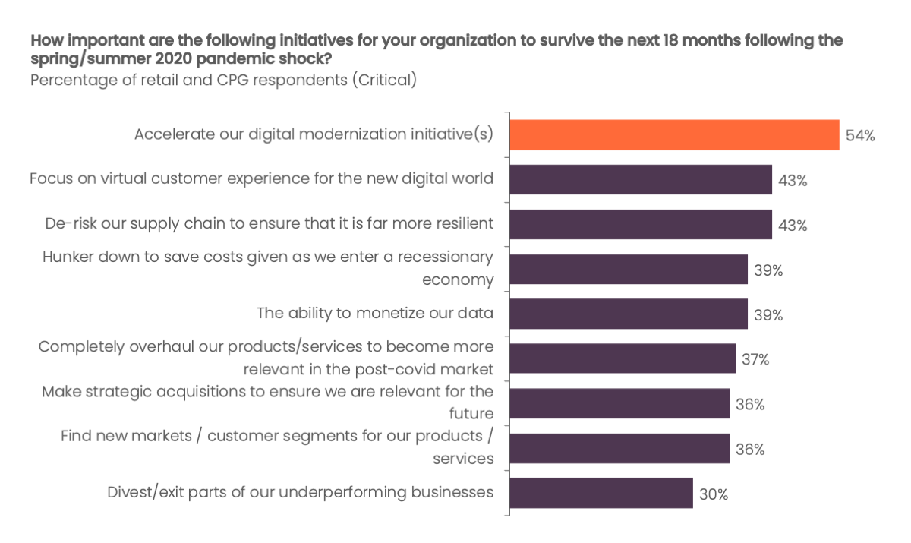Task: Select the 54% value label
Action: tap(860, 136)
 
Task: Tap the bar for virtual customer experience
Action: tap(641, 180)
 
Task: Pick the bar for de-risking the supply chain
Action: tap(641, 225)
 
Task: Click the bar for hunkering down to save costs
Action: tap(629, 270)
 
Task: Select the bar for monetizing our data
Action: tap(629, 314)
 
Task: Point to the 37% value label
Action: tap(755, 359)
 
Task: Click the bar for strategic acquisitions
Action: tap(619, 403)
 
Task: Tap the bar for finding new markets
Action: tap(619, 448)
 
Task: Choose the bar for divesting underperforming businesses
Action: tap(601, 493)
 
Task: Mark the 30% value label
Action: tap(714, 494)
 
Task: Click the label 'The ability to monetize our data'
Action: tap(375, 313)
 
